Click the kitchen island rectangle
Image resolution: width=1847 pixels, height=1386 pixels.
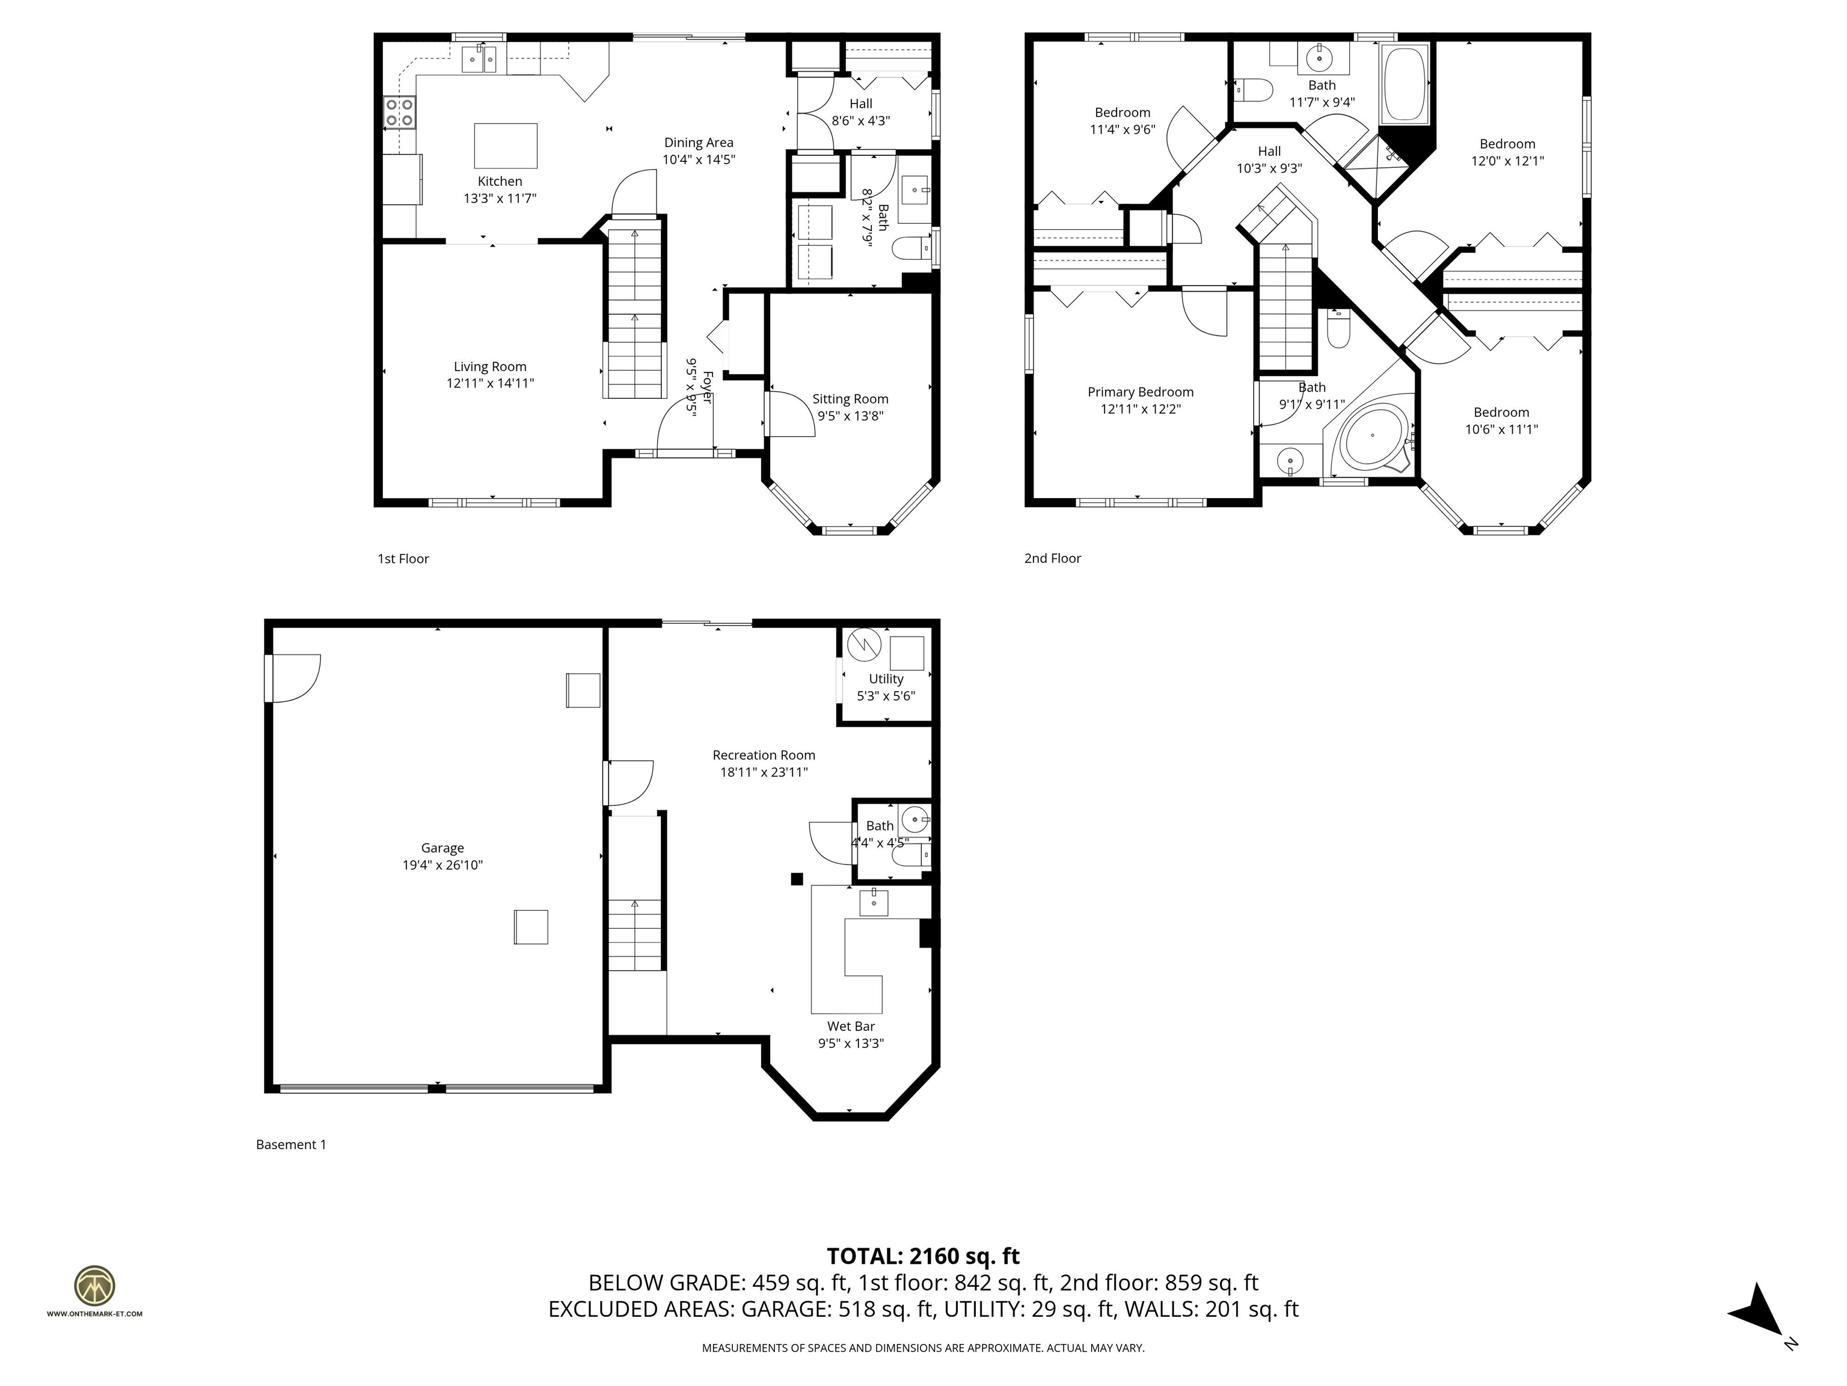tap(505, 146)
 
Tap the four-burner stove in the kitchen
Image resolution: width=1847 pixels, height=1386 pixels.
tap(399, 112)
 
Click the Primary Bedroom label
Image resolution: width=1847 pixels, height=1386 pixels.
tap(1140, 392)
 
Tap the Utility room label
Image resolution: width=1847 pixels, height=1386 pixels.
tap(886, 679)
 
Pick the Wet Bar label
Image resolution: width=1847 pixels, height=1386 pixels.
tap(851, 1026)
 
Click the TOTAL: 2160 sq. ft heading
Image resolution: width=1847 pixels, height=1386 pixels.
tap(923, 1255)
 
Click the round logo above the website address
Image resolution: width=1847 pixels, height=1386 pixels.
tap(94, 1286)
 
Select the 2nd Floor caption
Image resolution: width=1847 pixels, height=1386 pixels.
tap(1052, 558)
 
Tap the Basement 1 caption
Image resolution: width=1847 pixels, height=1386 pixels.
tap(290, 1145)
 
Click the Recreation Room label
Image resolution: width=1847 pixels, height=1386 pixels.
tap(763, 755)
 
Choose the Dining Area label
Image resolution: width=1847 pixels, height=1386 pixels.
tap(698, 143)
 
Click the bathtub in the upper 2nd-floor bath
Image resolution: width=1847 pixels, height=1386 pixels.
tap(1404, 84)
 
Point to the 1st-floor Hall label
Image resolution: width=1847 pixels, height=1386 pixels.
tap(861, 103)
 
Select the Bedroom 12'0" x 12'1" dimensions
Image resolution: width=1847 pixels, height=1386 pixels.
tap(1507, 161)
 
